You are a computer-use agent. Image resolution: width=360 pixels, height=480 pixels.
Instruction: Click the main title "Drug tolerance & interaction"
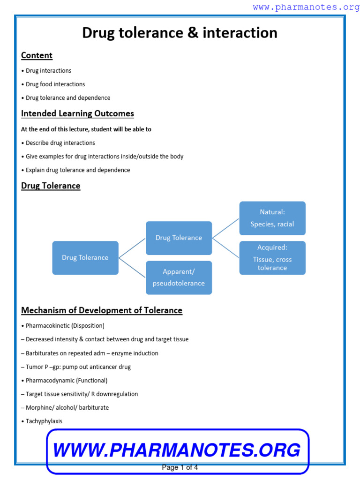tap(180, 33)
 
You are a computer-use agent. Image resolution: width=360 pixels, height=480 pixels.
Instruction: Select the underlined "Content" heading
tap(37, 55)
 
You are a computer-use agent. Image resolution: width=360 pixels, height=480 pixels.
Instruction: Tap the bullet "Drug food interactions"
tap(55, 84)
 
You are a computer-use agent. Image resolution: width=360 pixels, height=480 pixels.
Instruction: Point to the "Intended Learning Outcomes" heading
tap(77, 113)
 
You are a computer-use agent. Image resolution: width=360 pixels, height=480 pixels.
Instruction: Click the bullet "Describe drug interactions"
tap(60, 143)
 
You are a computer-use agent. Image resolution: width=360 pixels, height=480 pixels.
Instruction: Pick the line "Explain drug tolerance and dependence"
tap(78, 170)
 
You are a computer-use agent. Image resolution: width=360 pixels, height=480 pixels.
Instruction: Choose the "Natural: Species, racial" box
tap(272, 218)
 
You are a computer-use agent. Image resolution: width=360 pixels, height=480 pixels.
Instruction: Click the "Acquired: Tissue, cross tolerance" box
tap(272, 257)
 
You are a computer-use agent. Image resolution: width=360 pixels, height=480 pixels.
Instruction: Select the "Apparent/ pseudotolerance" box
tap(179, 277)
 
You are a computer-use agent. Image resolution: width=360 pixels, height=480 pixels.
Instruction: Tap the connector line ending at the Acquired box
tap(226, 248)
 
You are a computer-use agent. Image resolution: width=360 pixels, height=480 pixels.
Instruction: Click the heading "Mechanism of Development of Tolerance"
tap(102, 310)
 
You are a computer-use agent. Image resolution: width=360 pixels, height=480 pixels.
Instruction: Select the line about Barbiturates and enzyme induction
tap(92, 353)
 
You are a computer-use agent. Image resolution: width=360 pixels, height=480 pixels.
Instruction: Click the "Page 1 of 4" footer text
tap(180, 467)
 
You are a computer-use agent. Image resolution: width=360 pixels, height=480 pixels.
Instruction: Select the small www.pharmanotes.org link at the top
tap(306, 7)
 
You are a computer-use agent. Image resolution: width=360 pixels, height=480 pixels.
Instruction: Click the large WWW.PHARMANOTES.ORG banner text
tap(177, 450)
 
